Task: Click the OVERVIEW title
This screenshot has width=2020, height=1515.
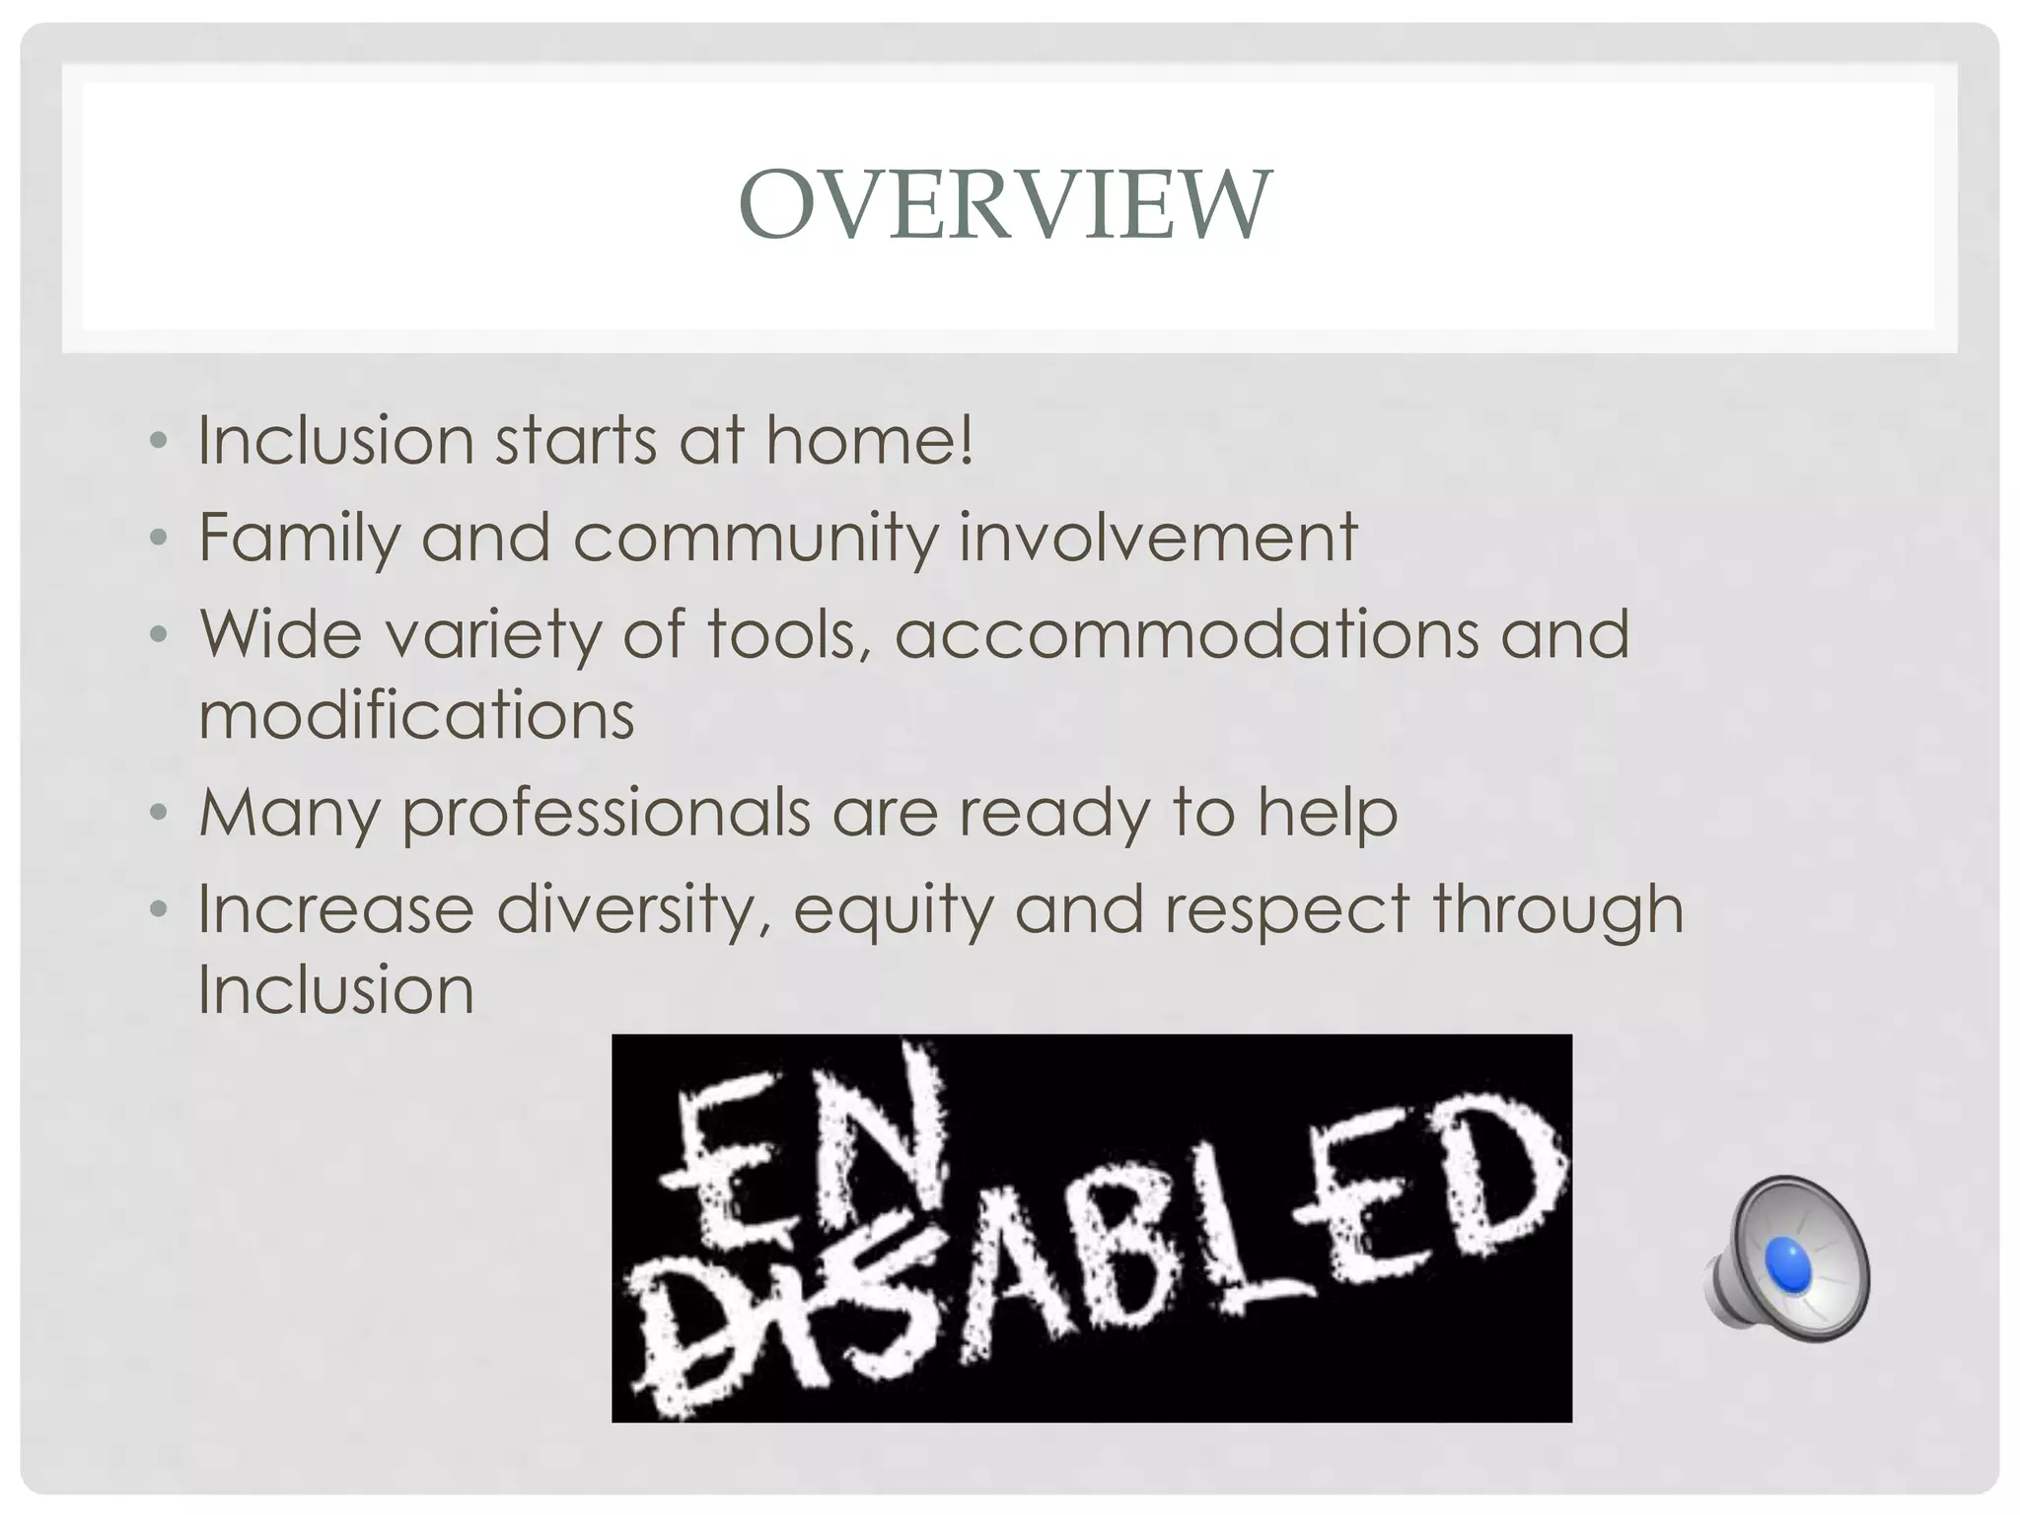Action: click(1005, 204)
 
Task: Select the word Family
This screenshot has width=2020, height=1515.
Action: click(298, 539)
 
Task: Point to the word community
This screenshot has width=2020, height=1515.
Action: click(754, 539)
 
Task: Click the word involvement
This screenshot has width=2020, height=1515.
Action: click(1158, 539)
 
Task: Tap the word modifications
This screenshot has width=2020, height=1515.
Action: click(416, 714)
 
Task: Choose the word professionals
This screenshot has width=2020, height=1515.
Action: click(606, 813)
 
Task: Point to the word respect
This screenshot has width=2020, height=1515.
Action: click(1286, 909)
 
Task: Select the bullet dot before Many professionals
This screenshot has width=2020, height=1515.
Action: click(159, 813)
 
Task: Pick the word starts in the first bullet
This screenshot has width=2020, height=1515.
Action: click(575, 440)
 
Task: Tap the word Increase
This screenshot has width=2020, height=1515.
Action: click(335, 909)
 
